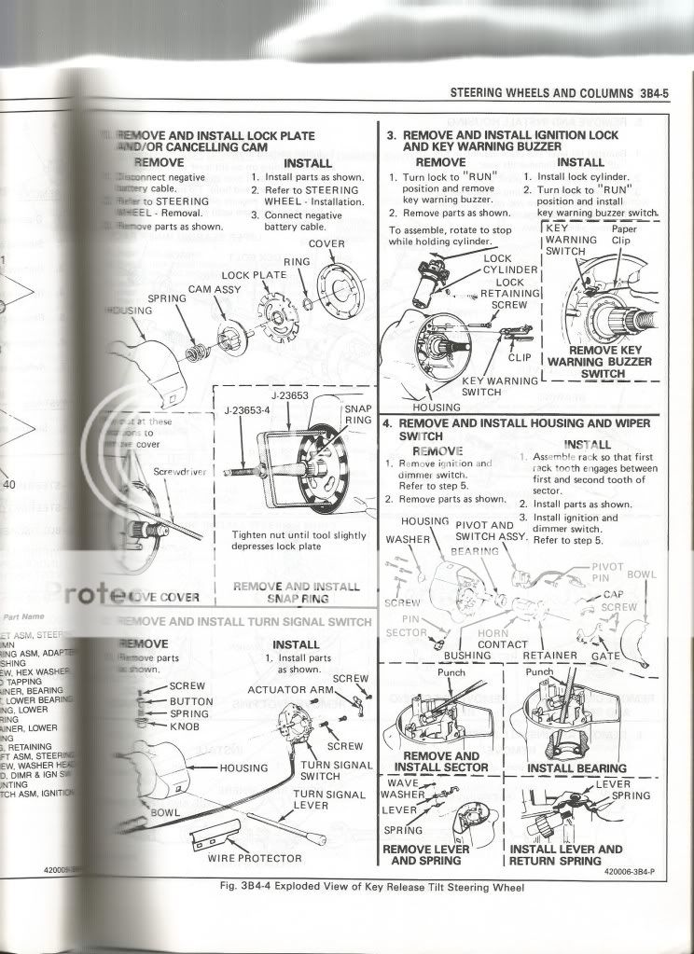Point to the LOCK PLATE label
(254, 275)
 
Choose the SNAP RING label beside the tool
(358, 414)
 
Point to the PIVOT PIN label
(609, 573)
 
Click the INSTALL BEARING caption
(577, 768)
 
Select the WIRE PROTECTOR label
(255, 857)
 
